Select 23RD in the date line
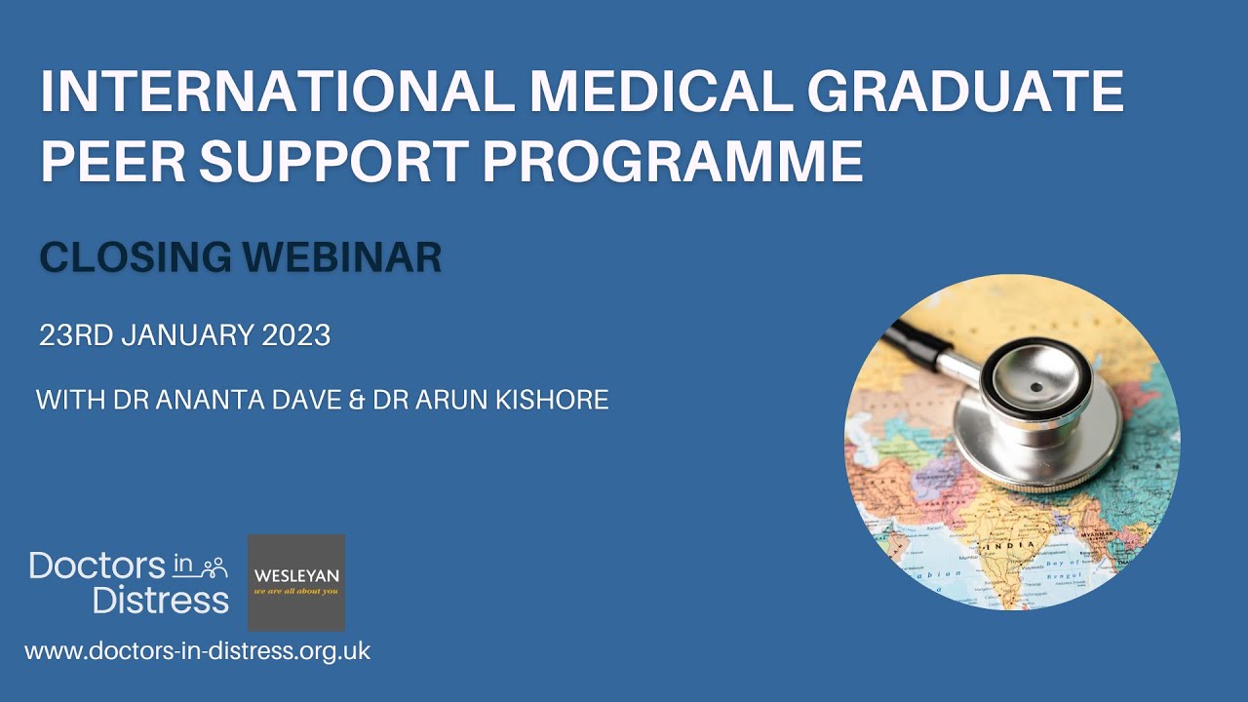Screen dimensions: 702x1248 click(x=74, y=335)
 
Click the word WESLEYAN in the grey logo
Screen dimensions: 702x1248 click(x=296, y=574)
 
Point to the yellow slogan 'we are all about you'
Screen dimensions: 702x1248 click(x=296, y=591)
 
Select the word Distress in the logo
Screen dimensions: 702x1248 click(x=161, y=599)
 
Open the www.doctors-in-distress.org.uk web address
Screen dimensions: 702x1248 click(x=197, y=651)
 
